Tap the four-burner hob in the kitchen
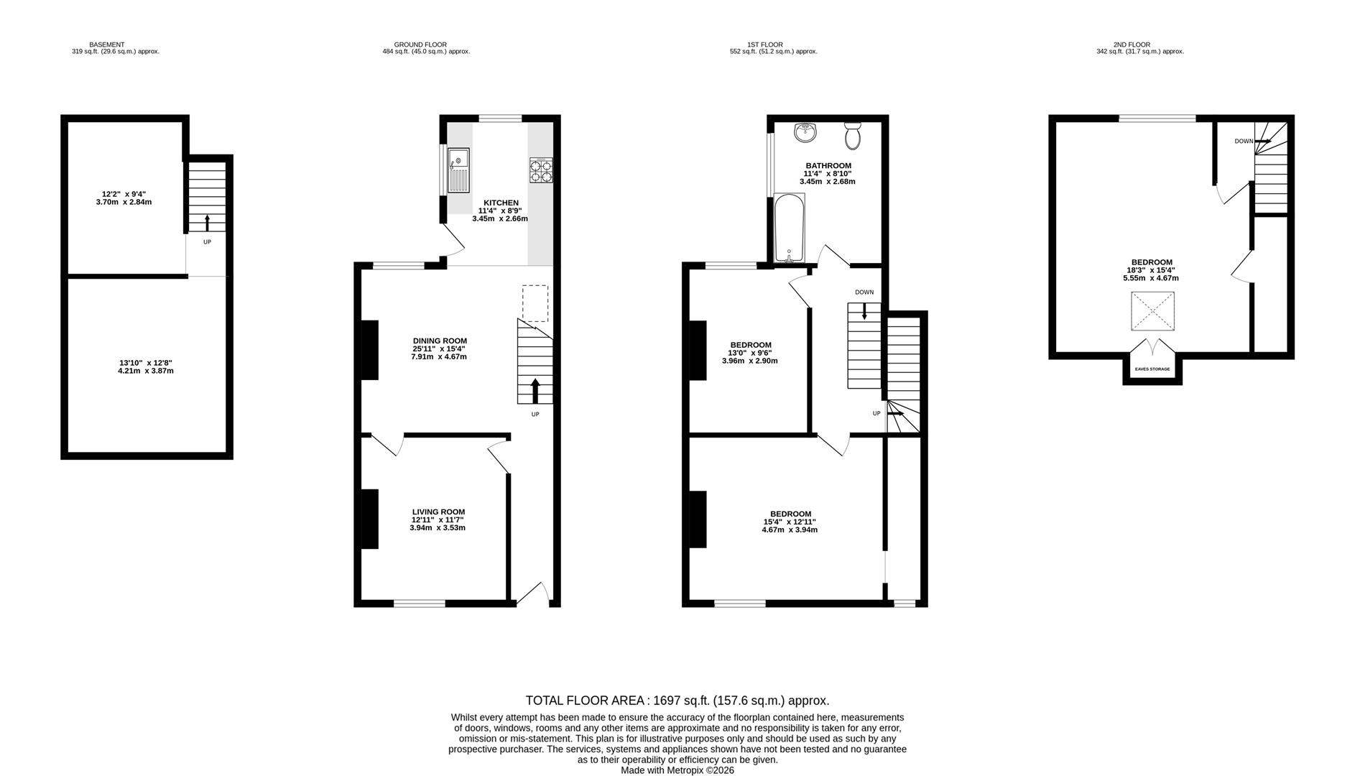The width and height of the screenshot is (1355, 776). (541, 170)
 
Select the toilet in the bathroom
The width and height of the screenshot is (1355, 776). (853, 135)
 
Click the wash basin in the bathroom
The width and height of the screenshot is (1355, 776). (805, 133)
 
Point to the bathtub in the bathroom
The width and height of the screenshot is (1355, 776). (789, 227)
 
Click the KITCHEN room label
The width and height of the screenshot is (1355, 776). (501, 203)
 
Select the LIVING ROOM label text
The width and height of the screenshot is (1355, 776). (438, 512)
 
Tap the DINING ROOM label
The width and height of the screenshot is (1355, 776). (440, 341)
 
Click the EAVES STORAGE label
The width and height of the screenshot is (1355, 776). (1152, 369)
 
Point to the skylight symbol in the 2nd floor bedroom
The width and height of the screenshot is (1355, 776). (1152, 311)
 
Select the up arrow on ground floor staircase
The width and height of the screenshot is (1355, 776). (535, 392)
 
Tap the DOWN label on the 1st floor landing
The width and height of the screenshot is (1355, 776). (864, 292)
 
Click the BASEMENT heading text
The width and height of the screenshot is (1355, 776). (107, 45)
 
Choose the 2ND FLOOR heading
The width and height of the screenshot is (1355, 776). (1132, 45)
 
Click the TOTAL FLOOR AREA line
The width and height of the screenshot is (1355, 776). (677, 701)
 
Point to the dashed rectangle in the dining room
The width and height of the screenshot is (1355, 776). (535, 303)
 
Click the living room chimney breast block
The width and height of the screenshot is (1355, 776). (369, 519)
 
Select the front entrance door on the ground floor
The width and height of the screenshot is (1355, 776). (532, 593)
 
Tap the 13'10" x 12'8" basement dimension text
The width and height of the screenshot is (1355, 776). (146, 363)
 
